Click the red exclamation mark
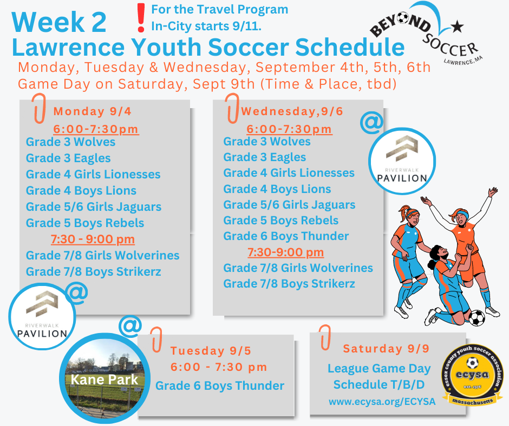point(141,18)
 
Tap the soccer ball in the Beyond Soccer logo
point(403,18)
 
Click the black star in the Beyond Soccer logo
point(457,26)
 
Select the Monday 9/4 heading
point(92,111)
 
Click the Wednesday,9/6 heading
point(292,111)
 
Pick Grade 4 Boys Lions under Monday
point(81,190)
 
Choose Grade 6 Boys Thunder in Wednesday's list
point(286,236)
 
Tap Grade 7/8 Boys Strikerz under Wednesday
point(289,284)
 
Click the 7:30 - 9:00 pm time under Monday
point(93,239)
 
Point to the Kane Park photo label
point(105,380)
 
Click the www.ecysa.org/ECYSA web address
point(382,402)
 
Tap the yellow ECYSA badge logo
point(473,375)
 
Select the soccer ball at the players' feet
point(477,318)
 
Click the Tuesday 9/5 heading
point(211,351)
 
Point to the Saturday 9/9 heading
point(386,349)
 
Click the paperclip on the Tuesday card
point(156,340)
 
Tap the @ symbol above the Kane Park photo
point(130,325)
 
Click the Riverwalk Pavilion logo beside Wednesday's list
point(402,161)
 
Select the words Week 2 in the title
point(59,22)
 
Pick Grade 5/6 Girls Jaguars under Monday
point(94,207)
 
